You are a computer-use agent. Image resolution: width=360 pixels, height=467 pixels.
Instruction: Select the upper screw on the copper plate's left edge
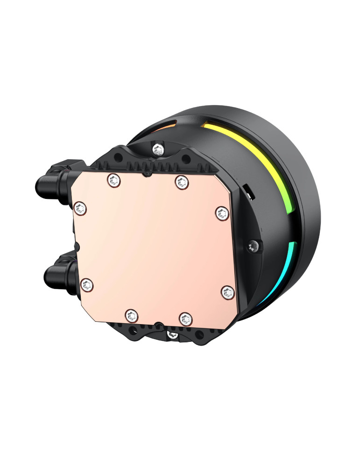tap(80, 208)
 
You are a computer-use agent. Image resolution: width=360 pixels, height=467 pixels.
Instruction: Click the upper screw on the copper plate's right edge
tap(222, 213)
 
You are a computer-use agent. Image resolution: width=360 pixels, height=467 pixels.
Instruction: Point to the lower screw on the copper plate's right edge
tap(227, 291)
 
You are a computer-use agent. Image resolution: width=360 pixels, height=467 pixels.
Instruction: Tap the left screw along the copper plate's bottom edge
tap(132, 315)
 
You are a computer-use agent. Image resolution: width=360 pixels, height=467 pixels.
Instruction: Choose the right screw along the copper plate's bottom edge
tap(186, 318)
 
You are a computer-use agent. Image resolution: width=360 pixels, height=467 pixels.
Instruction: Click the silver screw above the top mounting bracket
tap(157, 149)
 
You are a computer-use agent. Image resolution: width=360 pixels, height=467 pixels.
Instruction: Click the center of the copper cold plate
tap(154, 248)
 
